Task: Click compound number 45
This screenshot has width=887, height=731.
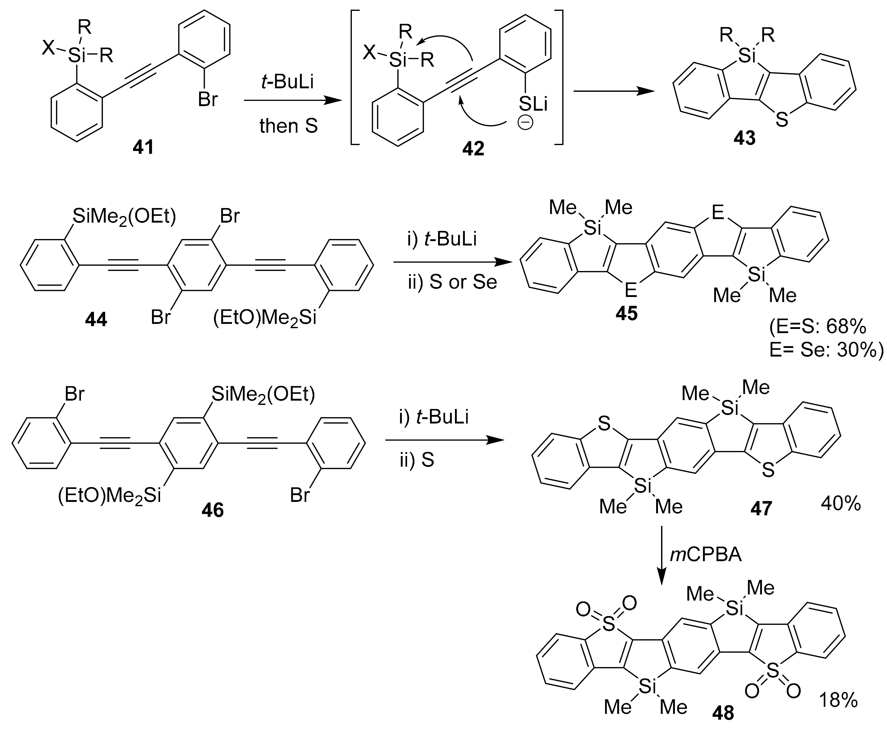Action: (x=626, y=313)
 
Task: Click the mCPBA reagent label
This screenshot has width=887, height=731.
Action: (x=706, y=555)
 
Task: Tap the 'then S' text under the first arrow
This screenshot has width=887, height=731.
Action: (x=289, y=126)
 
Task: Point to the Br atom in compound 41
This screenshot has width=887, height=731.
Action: (x=208, y=100)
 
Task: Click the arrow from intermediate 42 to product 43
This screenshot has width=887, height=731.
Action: (x=612, y=91)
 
